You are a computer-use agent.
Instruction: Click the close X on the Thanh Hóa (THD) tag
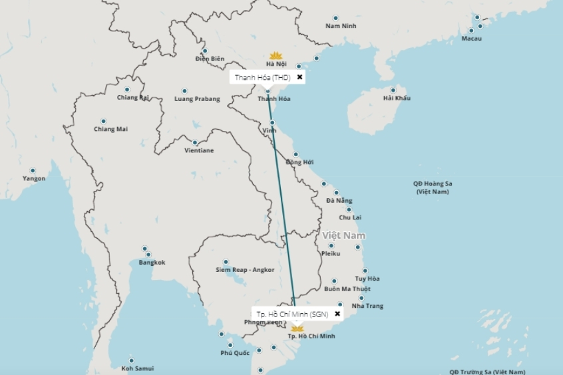click(299, 77)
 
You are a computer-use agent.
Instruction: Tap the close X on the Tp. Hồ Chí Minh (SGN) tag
click(337, 314)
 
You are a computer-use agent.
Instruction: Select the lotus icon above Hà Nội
click(276, 55)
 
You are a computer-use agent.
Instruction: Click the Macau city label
click(471, 39)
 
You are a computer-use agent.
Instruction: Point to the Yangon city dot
click(33, 170)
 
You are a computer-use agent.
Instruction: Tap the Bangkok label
click(152, 263)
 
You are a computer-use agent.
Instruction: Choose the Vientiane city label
click(199, 150)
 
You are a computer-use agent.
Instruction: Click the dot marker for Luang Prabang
click(184, 91)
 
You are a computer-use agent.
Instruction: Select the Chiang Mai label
click(110, 129)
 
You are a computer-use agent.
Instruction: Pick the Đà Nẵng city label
click(339, 201)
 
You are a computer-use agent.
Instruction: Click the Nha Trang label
click(367, 306)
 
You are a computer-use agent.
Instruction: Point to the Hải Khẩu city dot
click(393, 90)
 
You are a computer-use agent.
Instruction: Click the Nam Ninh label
click(341, 26)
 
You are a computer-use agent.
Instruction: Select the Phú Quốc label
click(235, 353)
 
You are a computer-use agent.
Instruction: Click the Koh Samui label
click(138, 368)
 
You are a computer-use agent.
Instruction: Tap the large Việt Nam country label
click(344, 236)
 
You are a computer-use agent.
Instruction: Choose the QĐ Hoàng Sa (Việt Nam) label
click(433, 187)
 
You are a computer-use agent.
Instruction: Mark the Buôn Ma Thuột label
click(347, 289)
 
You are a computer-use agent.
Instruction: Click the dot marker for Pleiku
click(331, 245)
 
